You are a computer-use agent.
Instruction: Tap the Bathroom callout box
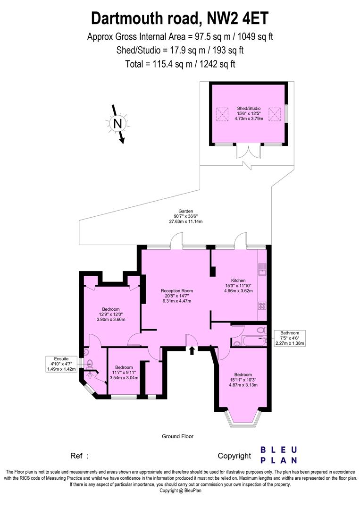point(290,338)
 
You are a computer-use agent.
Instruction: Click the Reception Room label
point(177,296)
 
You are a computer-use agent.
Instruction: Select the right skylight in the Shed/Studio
point(275,114)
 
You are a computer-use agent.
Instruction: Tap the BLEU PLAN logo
point(279,455)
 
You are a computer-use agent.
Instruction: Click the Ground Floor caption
point(178,436)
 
